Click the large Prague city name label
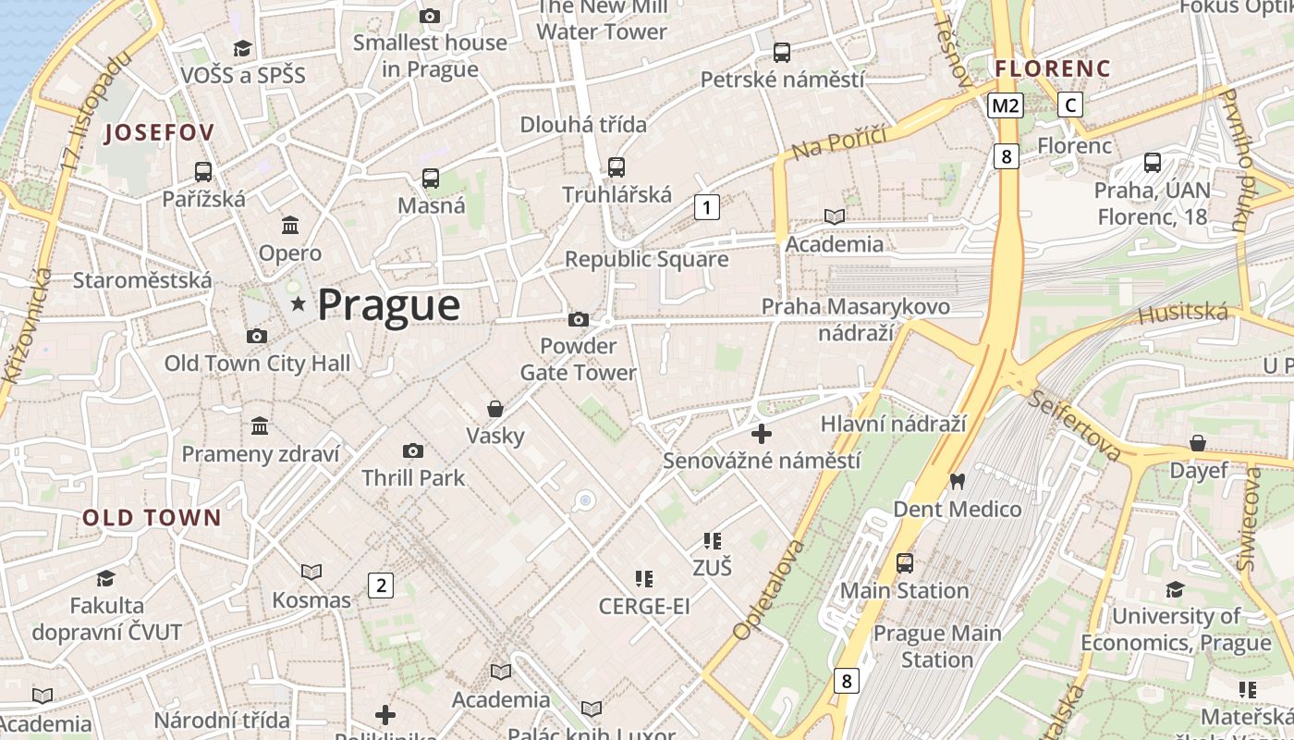388,305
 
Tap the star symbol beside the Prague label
298,304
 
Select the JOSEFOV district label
159,132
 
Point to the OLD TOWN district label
152,518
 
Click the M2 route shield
1005,105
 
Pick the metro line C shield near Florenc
1070,105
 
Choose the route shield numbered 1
706,207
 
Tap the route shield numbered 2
380,585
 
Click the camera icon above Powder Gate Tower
579,320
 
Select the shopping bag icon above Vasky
495,409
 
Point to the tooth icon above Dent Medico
957,482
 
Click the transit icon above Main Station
904,563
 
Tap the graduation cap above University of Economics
1175,589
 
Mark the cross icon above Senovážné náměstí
762,433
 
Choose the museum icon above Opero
290,226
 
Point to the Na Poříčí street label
838,142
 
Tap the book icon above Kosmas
311,573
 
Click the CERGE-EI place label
644,607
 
